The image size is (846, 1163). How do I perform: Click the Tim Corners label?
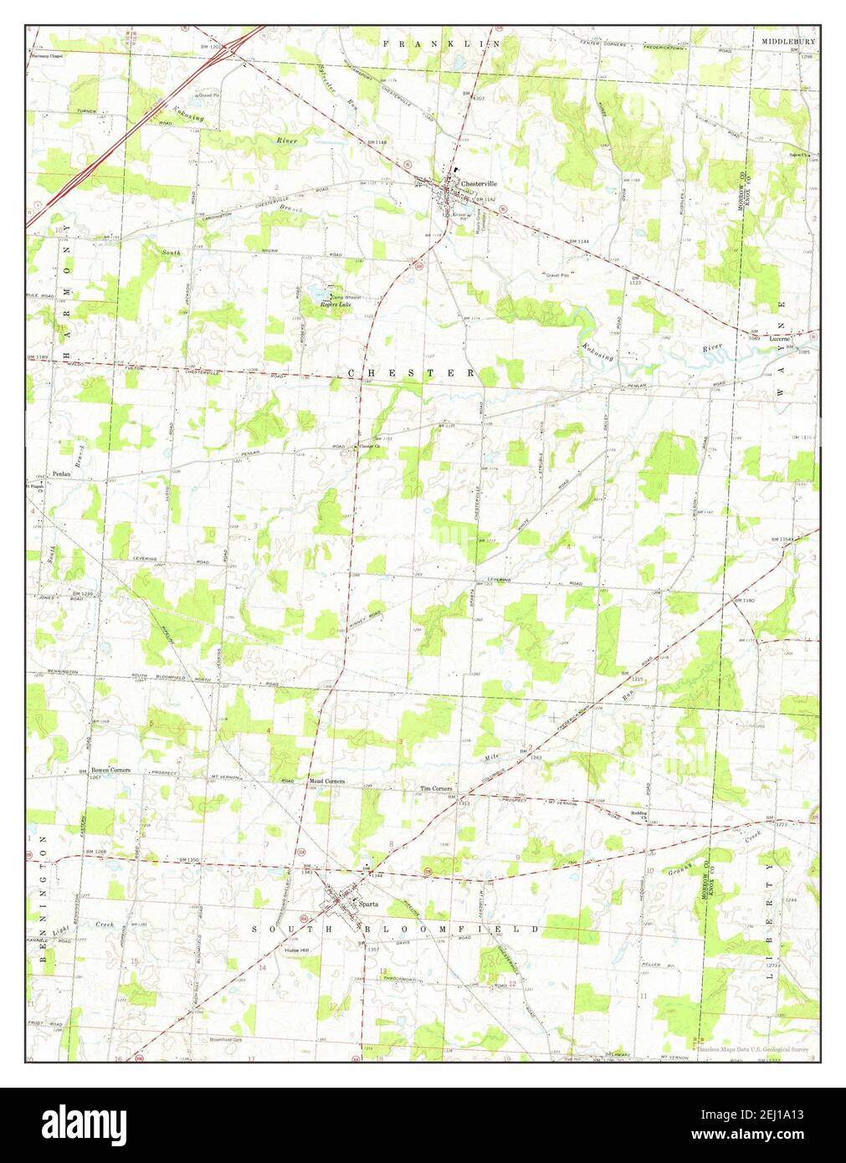[436, 788]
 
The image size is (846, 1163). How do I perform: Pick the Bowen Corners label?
[110, 770]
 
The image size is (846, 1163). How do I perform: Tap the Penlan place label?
[61, 474]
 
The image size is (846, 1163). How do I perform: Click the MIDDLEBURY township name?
[788, 41]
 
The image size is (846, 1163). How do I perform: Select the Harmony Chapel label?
[47, 57]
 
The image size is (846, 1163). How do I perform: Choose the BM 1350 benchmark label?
[192, 859]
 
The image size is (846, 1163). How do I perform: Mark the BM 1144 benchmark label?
[578, 241]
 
